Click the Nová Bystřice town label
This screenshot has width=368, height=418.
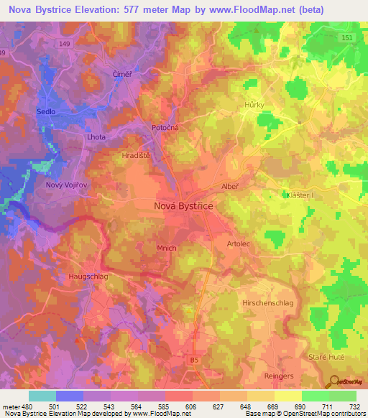pyautogui.click(x=184, y=205)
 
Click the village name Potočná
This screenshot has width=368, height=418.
pyautogui.click(x=165, y=127)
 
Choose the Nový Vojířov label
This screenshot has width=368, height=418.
pyautogui.click(x=66, y=185)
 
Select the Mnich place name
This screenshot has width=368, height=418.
pyautogui.click(x=166, y=248)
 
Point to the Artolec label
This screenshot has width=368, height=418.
pyautogui.click(x=239, y=244)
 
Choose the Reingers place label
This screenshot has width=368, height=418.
pyautogui.click(x=278, y=375)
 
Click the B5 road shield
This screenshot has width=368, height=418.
pyautogui.click(x=194, y=358)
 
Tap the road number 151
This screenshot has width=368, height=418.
pyautogui.click(x=347, y=38)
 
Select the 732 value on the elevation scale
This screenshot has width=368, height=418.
pyautogui.click(x=353, y=407)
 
